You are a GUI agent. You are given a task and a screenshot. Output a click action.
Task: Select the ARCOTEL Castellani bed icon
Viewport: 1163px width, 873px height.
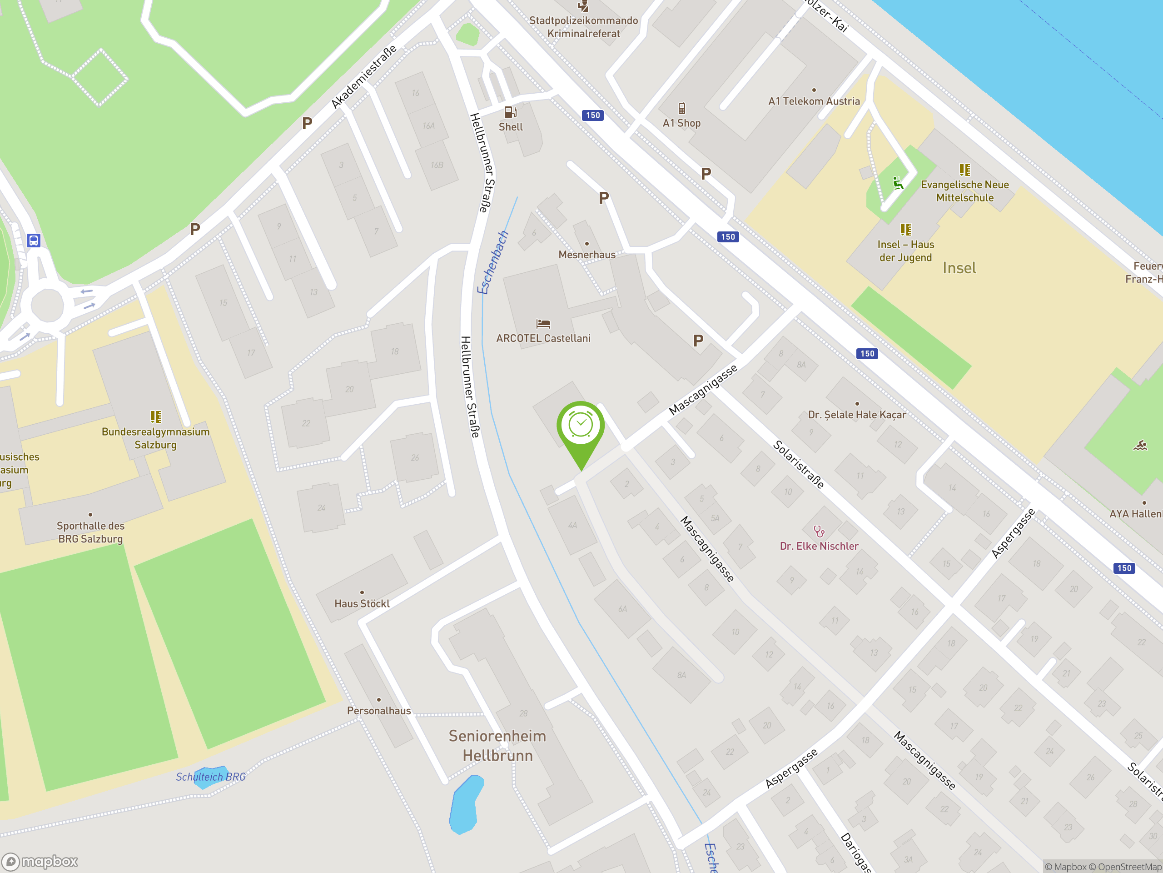pos(543,323)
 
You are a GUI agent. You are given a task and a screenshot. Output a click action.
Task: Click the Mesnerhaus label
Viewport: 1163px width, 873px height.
pos(587,255)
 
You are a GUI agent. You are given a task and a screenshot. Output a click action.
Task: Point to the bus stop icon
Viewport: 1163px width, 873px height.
pos(34,241)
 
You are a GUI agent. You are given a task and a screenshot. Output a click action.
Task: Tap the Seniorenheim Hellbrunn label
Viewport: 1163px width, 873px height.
pos(497,746)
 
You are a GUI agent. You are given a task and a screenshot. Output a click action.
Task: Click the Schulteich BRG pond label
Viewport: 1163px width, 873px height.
pos(210,777)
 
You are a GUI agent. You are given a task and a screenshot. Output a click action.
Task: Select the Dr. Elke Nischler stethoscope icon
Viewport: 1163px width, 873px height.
pos(819,531)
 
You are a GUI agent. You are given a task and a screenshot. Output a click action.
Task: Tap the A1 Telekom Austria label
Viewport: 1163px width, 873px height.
pos(814,101)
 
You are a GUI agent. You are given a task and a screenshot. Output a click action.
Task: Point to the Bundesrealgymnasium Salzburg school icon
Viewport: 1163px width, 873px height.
pos(156,417)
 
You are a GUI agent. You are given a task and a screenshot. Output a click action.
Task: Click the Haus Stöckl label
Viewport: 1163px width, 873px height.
pos(362,603)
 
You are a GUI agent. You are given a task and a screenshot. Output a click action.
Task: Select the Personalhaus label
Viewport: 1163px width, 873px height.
pos(378,710)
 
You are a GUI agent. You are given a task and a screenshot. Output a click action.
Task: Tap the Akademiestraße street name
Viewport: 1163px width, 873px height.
pos(364,77)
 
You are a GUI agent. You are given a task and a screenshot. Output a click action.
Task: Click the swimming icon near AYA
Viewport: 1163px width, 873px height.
pos(1140,446)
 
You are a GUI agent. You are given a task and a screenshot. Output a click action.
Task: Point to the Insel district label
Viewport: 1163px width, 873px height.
pos(959,268)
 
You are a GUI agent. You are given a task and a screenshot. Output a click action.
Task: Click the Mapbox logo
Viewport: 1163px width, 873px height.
pos(40,862)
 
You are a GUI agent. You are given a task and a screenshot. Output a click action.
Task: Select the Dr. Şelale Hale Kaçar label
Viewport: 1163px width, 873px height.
pos(857,415)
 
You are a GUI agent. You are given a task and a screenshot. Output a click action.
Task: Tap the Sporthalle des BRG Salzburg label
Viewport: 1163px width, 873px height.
pos(90,532)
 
